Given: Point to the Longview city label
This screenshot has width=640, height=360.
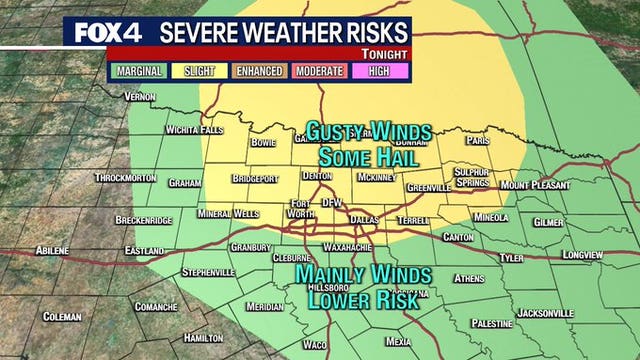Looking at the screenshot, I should click(x=582, y=255).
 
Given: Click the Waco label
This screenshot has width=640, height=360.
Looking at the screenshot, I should click(x=314, y=344).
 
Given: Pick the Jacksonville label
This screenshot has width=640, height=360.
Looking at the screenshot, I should click(x=545, y=313).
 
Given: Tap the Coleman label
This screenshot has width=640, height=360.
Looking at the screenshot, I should click(x=62, y=317).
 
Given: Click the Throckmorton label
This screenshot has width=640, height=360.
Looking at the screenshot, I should click(x=126, y=178).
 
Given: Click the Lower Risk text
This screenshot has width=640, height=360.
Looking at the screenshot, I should click(x=361, y=298).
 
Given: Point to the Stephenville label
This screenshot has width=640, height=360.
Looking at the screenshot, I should click(x=208, y=272).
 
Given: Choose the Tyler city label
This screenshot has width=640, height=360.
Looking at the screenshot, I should click(x=511, y=258).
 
